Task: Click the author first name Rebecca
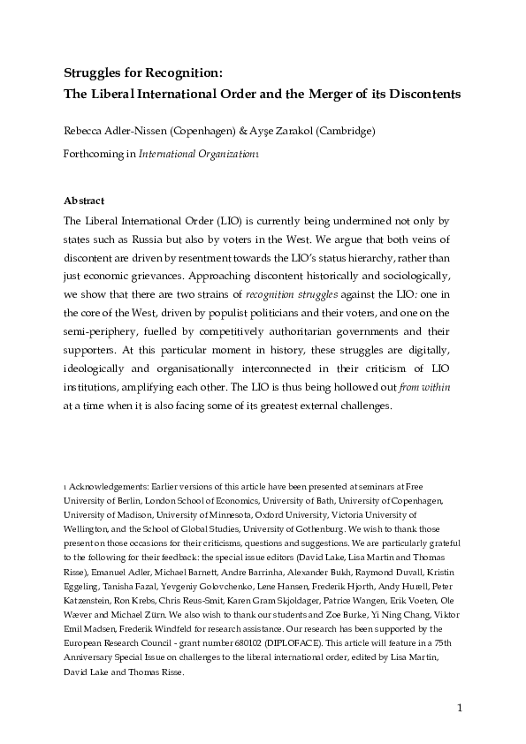[x=85, y=132]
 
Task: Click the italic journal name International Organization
[x=195, y=153]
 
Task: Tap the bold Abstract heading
[x=85, y=201]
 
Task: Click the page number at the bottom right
[x=461, y=708]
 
